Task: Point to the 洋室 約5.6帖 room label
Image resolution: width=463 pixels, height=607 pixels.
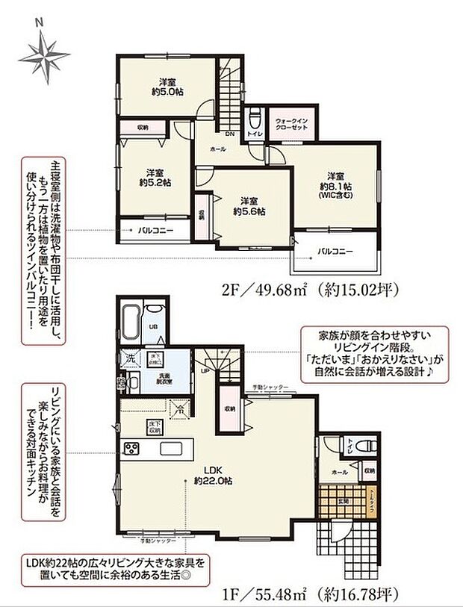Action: tap(249, 206)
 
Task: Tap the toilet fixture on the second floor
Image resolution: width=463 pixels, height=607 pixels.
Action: tap(254, 119)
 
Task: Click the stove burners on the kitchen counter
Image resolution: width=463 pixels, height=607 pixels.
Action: tap(132, 449)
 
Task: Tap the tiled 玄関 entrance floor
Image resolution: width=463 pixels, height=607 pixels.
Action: tap(329, 501)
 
